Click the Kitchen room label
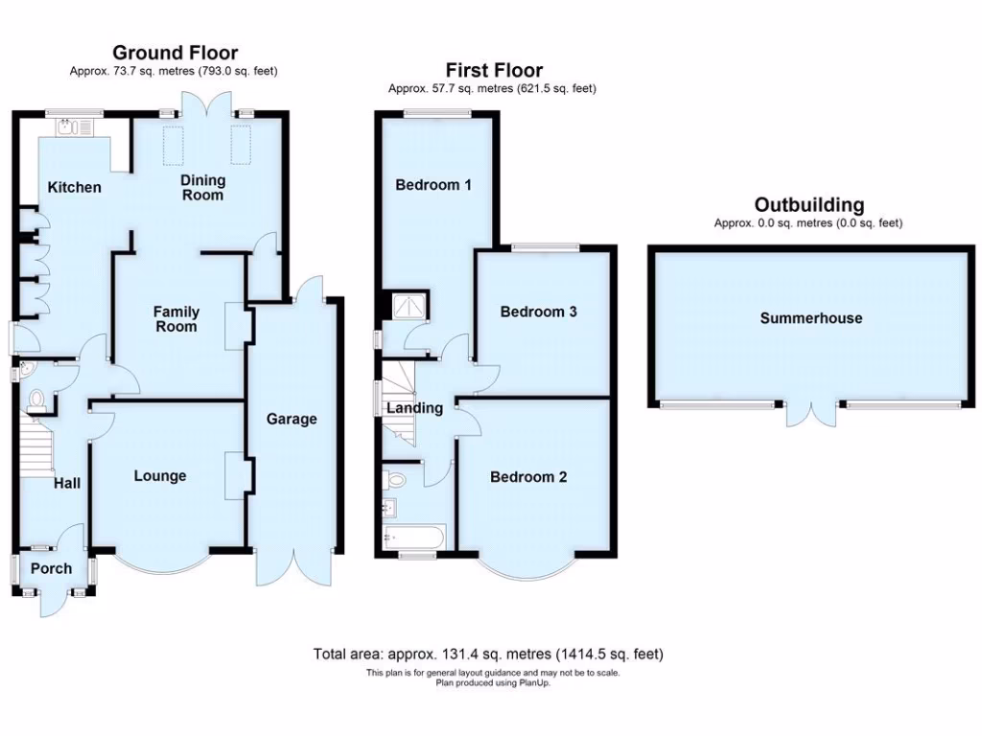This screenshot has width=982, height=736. (75, 187)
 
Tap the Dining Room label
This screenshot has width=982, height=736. (202, 188)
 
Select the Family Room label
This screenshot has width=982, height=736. (176, 319)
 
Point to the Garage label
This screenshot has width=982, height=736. (292, 419)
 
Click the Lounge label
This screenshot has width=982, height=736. (160, 476)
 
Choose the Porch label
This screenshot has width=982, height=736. (51, 568)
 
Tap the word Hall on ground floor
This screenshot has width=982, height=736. (66, 484)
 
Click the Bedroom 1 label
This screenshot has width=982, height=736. (433, 184)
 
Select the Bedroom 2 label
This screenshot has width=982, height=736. (528, 476)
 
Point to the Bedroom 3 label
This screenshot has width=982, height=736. (538, 311)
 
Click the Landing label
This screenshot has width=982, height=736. (414, 408)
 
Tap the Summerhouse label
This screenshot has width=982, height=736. (811, 318)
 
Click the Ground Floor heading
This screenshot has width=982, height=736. (175, 53)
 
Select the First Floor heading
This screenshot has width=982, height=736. (494, 70)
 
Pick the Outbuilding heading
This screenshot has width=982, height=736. (808, 204)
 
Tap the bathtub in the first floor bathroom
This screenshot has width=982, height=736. (413, 537)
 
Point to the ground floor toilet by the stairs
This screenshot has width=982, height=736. (37, 400)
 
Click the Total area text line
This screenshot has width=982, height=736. (488, 655)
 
